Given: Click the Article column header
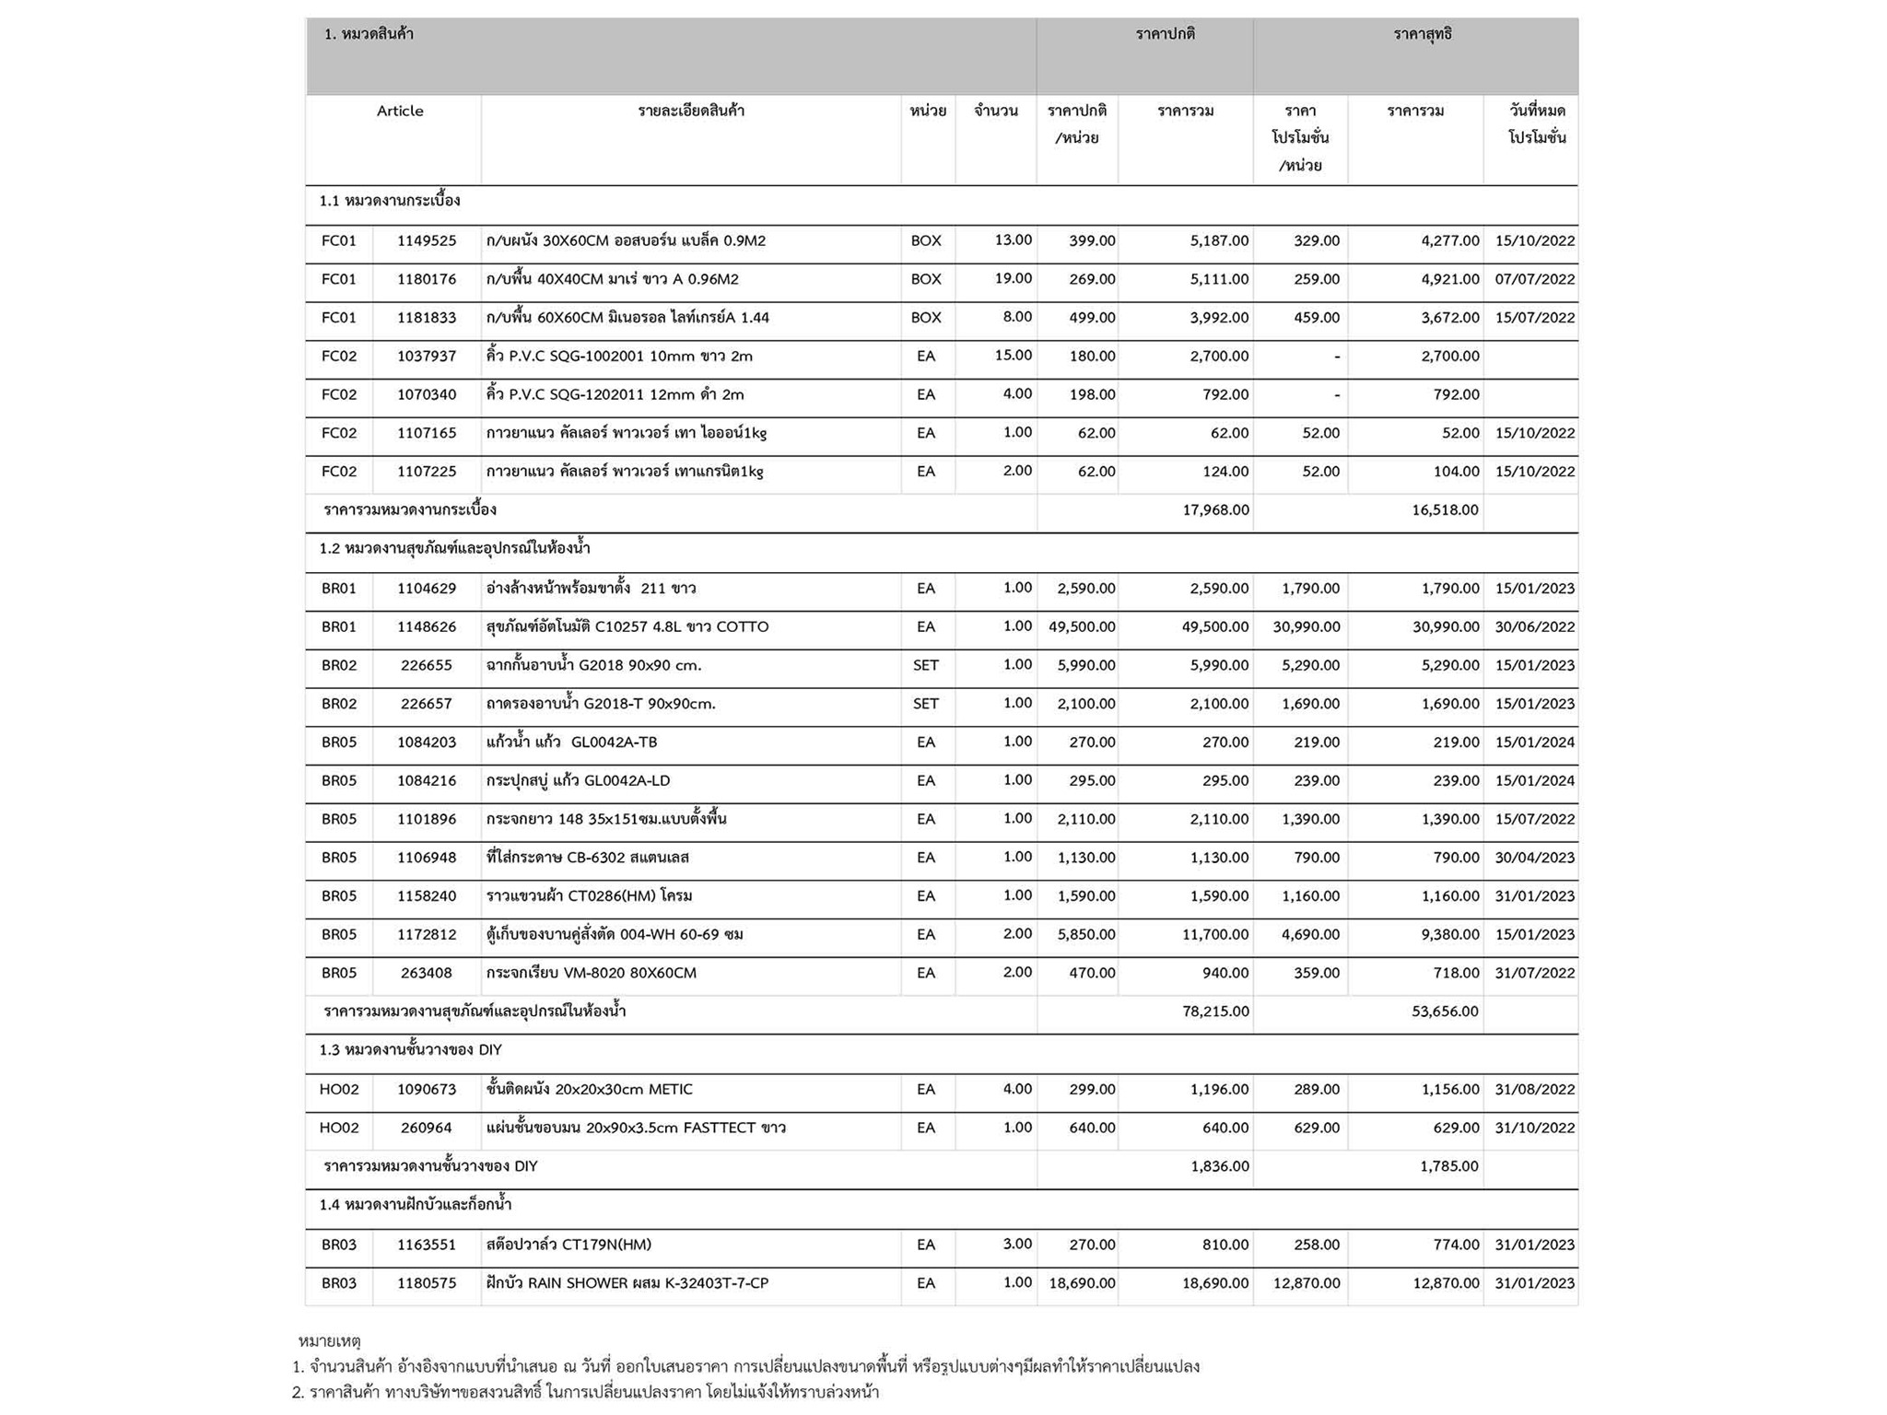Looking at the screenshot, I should (x=400, y=111).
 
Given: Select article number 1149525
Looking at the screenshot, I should (x=427, y=241).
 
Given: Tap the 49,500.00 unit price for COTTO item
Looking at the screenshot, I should (x=1082, y=627).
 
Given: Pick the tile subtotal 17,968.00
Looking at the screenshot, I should (x=1215, y=510).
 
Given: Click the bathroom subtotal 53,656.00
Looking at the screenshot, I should (x=1445, y=1012).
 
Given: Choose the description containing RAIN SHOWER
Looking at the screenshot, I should (x=627, y=1283).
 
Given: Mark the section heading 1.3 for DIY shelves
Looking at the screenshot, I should (x=411, y=1050).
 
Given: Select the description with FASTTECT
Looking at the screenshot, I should (x=636, y=1128).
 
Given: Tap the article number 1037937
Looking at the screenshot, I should (x=427, y=357).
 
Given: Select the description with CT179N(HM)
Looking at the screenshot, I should (x=568, y=1245).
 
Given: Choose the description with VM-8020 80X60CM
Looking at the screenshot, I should (x=592, y=974).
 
